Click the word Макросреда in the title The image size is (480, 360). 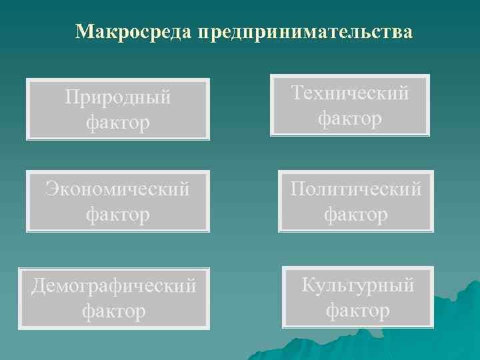pos(133,32)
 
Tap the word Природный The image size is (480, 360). pos(118,98)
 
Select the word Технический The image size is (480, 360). pos(350,93)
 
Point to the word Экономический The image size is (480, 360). pos(117,189)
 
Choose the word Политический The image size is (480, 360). pos(355,189)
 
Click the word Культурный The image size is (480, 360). pos(358,285)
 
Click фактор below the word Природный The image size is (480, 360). pos(118,123)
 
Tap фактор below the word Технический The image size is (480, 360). pos(350,118)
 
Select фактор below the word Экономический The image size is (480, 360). pos(117,214)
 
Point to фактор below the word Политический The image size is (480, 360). pos(355,214)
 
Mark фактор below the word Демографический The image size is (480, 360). pos(114,310)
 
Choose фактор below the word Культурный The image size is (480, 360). pos(358,310)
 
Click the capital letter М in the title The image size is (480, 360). pos(84,32)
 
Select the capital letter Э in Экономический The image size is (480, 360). pos(51,189)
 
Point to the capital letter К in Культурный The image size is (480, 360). pos(309,285)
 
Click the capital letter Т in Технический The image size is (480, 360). pos(298,93)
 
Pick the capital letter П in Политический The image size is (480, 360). pos(297,189)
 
